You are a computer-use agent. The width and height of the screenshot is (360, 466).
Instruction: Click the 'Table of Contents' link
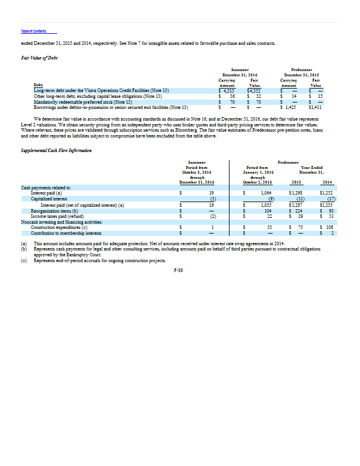(x=33, y=31)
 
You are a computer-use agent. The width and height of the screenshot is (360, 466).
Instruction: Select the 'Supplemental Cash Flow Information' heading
(x=54, y=150)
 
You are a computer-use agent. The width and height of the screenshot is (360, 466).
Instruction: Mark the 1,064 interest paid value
(x=267, y=192)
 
